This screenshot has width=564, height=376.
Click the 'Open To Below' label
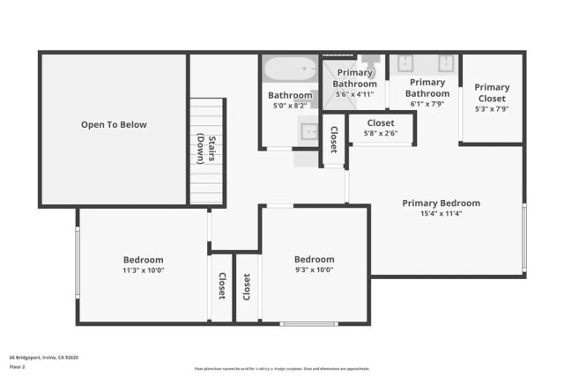point(114,125)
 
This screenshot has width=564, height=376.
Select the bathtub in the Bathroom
point(288,69)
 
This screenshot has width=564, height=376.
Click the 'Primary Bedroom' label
point(441,203)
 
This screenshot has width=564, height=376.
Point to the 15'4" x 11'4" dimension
point(441,213)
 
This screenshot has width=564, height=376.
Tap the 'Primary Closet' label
point(492,92)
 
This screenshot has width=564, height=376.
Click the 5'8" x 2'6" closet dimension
point(381,134)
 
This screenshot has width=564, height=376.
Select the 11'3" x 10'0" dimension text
point(143,270)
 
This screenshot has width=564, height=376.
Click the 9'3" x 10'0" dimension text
point(314,270)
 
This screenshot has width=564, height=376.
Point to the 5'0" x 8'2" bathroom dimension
point(290,106)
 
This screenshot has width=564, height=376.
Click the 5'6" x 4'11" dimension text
point(355,94)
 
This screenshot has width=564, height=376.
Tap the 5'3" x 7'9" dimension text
point(492,109)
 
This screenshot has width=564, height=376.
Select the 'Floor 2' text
point(17,368)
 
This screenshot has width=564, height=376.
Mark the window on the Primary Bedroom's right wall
point(523,238)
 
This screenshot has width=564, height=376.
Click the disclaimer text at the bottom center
point(282,368)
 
